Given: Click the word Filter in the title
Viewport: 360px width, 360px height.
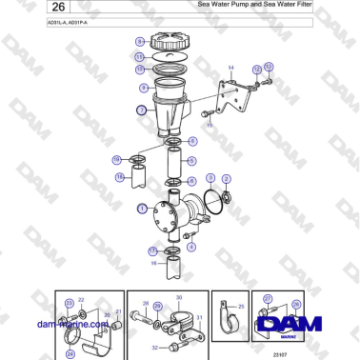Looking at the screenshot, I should (299, 5).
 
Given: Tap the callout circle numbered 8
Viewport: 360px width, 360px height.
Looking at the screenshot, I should (139, 42).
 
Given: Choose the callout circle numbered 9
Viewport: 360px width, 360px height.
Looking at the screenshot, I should (143, 87).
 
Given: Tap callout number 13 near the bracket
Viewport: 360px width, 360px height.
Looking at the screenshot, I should (269, 67).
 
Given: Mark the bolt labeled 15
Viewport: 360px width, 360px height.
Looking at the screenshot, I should (207, 114).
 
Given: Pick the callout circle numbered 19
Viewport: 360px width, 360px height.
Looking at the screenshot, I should (117, 160).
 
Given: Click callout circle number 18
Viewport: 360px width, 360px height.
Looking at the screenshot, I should (119, 177).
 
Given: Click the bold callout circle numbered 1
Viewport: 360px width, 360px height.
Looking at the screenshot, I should (142, 208).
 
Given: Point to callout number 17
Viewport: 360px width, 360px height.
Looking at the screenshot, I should (152, 250).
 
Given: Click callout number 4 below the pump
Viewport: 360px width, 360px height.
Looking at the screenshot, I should (191, 247).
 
